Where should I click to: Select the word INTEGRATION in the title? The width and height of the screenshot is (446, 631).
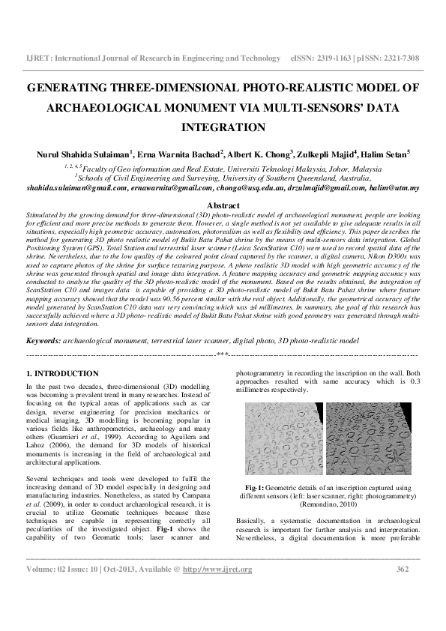point(223,127)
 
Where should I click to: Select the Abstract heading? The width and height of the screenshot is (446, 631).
point(223,205)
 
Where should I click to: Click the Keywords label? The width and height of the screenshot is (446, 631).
point(43,340)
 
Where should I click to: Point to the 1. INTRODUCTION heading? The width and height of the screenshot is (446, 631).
point(62,372)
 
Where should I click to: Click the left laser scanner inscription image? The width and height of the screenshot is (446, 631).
point(283,439)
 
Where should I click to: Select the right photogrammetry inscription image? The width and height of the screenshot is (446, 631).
point(368,439)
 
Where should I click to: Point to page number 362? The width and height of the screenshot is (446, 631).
point(402,570)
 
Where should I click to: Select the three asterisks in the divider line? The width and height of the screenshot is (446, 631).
point(222,353)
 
